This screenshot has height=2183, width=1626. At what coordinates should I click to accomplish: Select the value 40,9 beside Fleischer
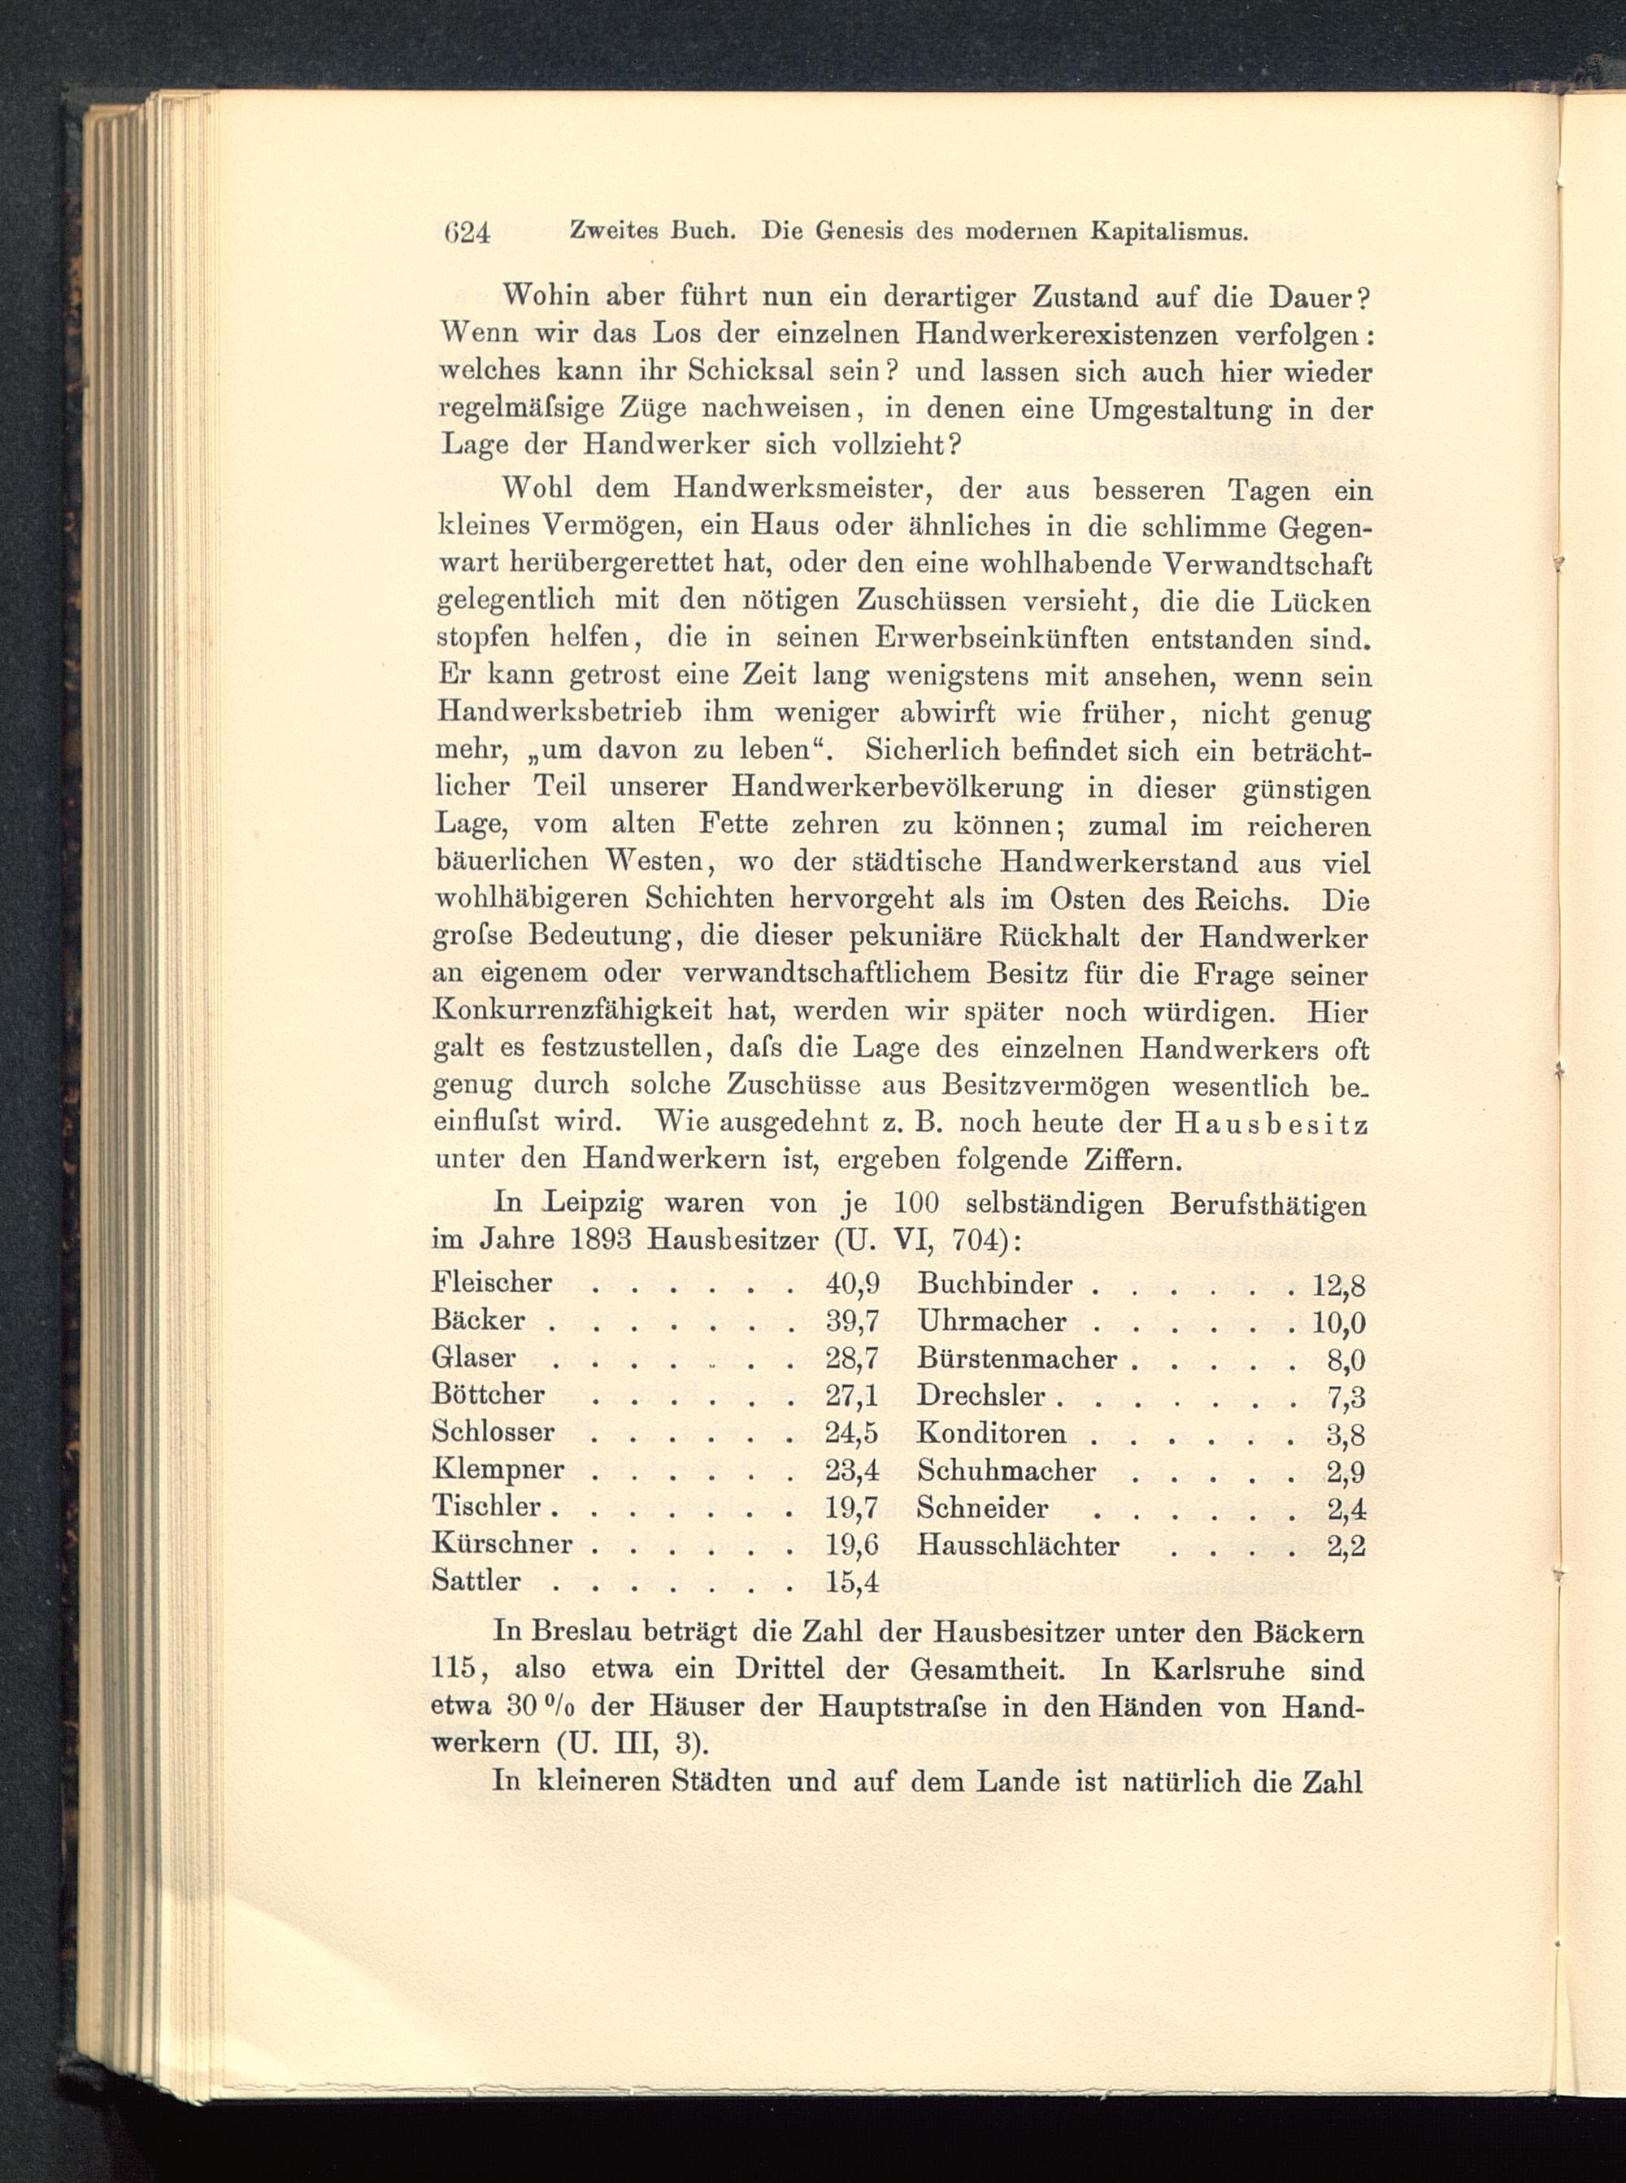[x=852, y=1284]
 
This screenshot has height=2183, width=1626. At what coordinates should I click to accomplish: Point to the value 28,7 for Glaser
[x=852, y=1359]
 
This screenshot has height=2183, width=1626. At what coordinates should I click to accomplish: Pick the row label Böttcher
[x=488, y=1394]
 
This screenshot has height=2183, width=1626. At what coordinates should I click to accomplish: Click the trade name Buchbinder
[x=994, y=1285]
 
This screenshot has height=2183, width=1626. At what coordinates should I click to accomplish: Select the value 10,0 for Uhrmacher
[x=1340, y=1322]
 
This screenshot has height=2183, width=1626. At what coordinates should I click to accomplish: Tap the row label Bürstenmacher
[x=1017, y=1359]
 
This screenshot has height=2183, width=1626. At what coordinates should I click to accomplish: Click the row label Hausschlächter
[x=1018, y=1546]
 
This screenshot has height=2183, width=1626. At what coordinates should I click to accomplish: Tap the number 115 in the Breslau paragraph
[x=454, y=1669]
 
